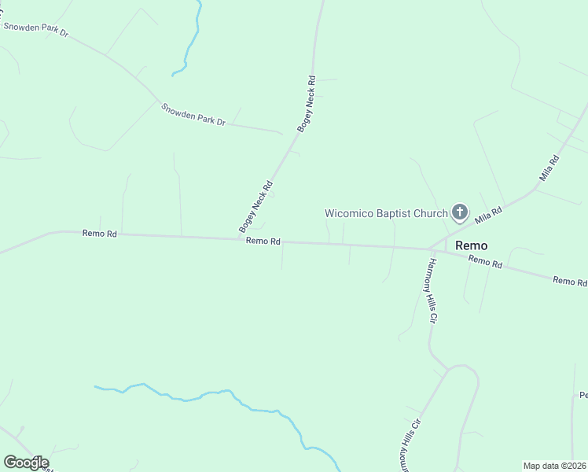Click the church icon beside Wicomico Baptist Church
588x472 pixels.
459,212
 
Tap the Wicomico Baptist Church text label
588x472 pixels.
386,213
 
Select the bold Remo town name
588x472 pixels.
472,245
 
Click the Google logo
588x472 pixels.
26,463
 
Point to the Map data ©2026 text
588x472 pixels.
555,466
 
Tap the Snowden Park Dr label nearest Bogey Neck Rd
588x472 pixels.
193,115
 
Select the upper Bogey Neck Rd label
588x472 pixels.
306,103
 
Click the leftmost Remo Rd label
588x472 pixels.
99,234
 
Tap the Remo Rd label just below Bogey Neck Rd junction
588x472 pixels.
263,242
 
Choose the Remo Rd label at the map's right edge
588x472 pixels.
569,281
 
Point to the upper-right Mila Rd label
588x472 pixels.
548,169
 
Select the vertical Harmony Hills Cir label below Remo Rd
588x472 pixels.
431,291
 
